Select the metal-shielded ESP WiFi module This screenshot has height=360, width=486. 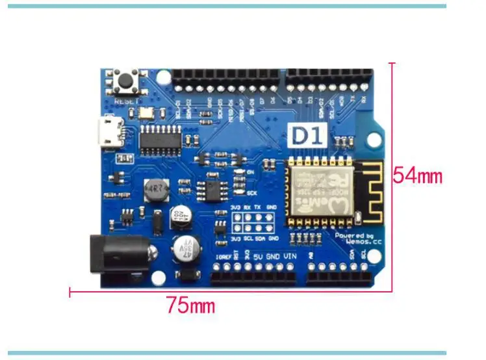click(319, 191)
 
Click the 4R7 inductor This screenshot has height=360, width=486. click(155, 190)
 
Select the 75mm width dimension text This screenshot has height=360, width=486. click(190, 305)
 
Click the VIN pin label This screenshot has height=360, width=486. click(290, 257)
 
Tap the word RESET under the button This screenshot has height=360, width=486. click(125, 101)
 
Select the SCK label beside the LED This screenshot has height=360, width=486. click(252, 192)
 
